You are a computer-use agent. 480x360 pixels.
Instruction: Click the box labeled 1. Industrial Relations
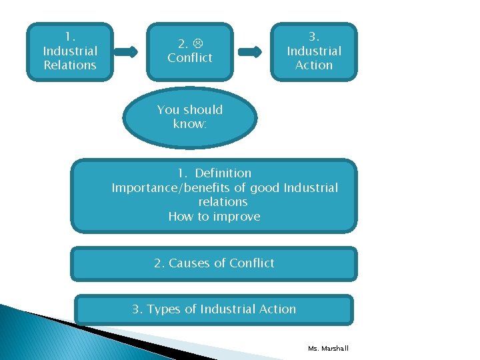(70, 51)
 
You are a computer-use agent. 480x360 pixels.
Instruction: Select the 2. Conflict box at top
(191, 51)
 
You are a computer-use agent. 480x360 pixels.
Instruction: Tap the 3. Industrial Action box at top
(313, 51)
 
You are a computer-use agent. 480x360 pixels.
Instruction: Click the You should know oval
(190, 117)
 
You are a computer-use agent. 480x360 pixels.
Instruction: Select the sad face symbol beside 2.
(198, 44)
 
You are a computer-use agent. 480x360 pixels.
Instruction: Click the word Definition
(223, 173)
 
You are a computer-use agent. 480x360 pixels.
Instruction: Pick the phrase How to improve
(214, 216)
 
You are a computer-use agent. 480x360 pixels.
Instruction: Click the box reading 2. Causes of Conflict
(214, 263)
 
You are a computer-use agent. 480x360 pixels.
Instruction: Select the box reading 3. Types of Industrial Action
(214, 309)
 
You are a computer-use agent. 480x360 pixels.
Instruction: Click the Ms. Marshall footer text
(328, 349)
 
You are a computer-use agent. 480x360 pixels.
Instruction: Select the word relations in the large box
(223, 202)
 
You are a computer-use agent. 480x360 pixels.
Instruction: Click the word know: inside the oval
(190, 124)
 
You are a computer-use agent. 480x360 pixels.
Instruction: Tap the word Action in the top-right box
(314, 65)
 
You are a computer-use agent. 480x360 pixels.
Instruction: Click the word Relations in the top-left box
(70, 65)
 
